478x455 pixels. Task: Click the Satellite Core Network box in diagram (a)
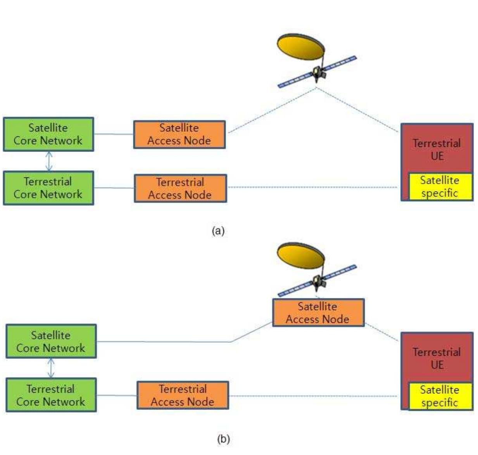48,134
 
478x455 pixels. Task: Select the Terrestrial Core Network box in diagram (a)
48,188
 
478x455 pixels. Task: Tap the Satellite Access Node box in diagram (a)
179,134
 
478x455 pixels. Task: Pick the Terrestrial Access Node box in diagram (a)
180,188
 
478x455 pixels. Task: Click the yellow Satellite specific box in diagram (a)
440,186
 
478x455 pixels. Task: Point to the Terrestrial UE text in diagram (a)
437,150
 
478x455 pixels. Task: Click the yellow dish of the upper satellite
301,47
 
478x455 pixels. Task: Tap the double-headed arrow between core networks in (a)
49,161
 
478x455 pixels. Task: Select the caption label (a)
218,231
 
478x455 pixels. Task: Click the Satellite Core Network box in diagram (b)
51,341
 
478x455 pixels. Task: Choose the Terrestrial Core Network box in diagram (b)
51,395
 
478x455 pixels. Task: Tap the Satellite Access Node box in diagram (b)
318,312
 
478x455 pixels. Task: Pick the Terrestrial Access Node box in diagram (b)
183,395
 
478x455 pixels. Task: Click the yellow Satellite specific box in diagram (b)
440,396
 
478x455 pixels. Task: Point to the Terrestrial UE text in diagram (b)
437,358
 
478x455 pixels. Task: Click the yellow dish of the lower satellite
300,256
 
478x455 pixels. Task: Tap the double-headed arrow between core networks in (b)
51,368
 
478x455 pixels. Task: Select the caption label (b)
223,439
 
